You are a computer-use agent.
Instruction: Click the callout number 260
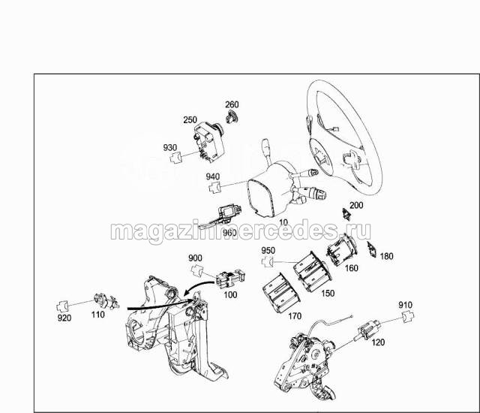pos(232,104)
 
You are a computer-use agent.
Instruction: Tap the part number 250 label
pos(190,119)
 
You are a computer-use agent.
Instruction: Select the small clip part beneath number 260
pos(232,117)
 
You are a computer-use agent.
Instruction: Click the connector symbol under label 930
pos(175,158)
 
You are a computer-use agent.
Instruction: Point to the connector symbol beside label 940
pos(215,187)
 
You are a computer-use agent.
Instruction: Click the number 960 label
pos(229,233)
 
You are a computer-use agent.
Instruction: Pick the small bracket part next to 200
pos(346,215)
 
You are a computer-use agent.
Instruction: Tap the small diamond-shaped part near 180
pos(372,249)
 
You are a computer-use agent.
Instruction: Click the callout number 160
pos(351,268)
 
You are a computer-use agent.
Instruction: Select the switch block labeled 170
pos(281,293)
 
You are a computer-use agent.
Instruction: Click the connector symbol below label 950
pos(268,262)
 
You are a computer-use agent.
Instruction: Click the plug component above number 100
pos(230,278)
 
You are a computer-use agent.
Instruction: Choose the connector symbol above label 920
pos(63,306)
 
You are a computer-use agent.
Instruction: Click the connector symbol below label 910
pos(408,316)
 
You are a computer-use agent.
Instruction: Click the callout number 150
pos(328,293)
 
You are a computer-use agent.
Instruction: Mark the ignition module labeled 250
pos(208,141)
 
